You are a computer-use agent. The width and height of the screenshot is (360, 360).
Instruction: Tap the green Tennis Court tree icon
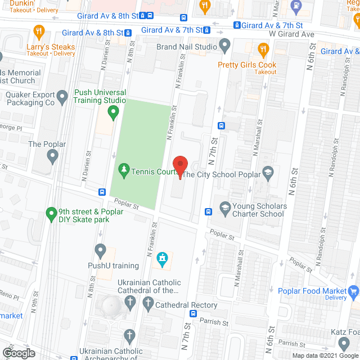tap(123, 169)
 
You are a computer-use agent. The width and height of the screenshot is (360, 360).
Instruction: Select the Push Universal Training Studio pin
tap(113, 112)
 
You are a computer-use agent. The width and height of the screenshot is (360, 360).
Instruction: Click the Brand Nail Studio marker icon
tap(225, 45)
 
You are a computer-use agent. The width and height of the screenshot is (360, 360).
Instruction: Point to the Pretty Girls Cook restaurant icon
tap(262, 50)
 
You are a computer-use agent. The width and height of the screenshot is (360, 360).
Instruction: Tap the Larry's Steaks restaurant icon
tap(39, 31)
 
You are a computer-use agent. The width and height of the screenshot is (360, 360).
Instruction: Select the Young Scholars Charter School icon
tap(224, 208)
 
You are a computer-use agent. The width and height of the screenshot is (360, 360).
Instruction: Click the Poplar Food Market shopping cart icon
tap(354, 291)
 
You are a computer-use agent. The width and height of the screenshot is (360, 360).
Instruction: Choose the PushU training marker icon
tap(101, 250)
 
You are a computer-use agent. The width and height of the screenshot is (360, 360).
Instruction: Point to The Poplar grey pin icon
tap(53, 158)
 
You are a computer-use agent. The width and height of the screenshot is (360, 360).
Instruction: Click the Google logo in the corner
tap(18, 353)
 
